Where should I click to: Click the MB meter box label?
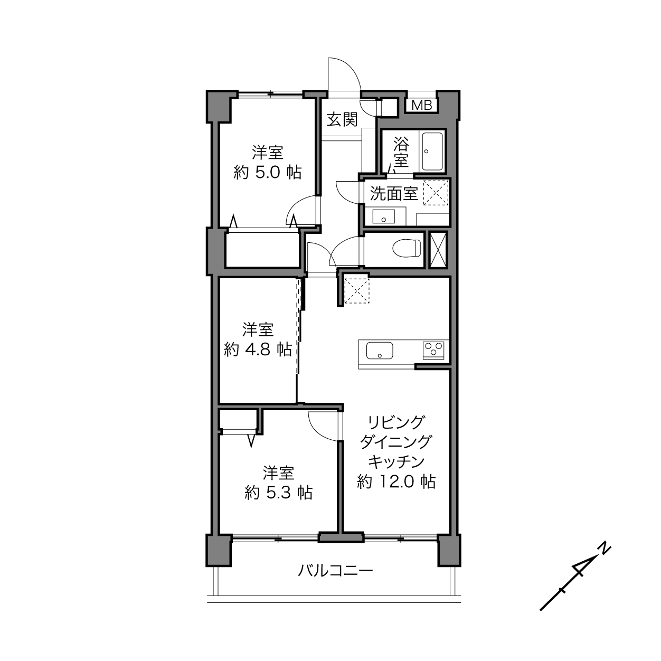point(421,105)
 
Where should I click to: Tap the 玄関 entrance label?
point(342,120)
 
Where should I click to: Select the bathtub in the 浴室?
point(432,152)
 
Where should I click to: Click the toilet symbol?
point(407,248)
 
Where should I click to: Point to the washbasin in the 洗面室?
point(383,216)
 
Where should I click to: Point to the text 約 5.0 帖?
point(268,173)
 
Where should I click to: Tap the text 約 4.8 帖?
point(258,350)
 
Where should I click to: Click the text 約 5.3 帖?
point(279,493)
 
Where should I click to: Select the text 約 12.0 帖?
point(396,481)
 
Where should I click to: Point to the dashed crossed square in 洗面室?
point(436,193)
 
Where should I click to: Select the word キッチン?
point(396,462)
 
